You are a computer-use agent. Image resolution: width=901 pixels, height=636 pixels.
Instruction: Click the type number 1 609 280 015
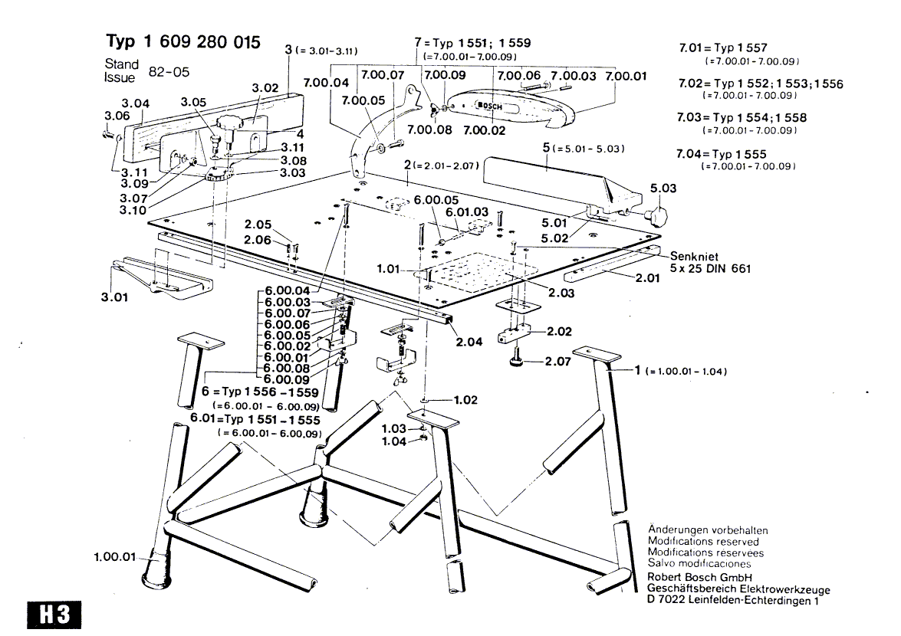point(182,41)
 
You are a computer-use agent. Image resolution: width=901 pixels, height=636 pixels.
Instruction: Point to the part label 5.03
point(664,188)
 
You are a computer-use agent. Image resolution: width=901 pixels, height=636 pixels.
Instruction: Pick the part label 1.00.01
point(114,557)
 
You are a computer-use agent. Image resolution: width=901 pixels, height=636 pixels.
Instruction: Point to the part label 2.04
point(469,342)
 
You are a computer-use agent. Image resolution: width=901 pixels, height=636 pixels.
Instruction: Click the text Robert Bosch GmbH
point(699,576)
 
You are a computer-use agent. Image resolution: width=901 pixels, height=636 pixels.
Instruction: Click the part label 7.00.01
point(626,76)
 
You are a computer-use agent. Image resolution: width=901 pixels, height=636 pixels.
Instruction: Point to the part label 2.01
point(648,278)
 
